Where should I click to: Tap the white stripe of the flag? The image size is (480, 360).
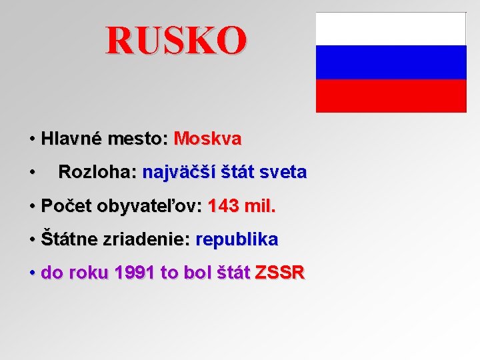[391, 29]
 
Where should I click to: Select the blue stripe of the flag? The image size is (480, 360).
[391, 62]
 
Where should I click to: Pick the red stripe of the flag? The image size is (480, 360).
[391, 95]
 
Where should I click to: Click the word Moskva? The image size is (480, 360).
[207, 139]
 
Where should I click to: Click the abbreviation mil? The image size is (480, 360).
[260, 207]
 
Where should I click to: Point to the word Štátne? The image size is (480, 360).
[69, 239]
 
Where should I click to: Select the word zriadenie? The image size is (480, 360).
[147, 239]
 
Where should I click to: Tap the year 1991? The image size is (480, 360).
[135, 273]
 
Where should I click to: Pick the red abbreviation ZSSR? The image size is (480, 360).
[280, 273]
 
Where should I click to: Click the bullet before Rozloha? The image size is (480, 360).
[32, 173]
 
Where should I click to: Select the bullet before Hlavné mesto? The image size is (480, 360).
[32, 140]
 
